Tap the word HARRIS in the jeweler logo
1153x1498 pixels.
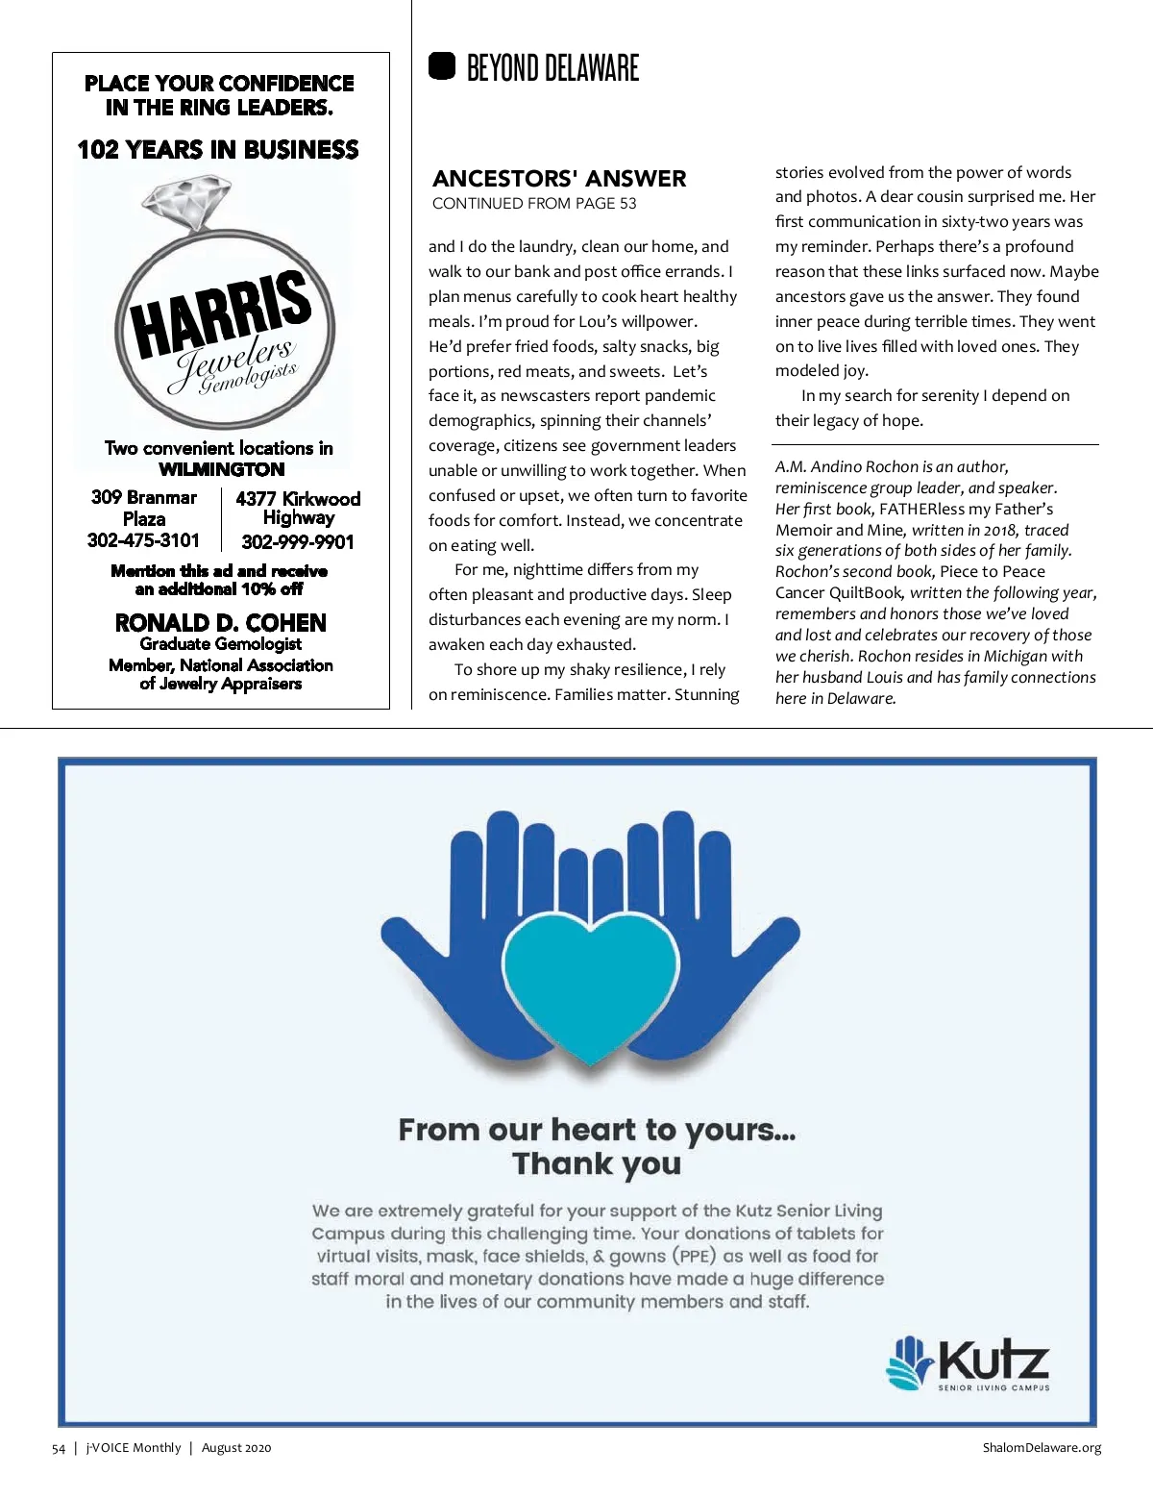click(222, 312)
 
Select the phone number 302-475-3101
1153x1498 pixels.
click(143, 540)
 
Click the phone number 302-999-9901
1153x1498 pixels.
click(298, 542)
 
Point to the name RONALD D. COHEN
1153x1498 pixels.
click(221, 623)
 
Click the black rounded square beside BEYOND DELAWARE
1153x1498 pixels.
click(442, 66)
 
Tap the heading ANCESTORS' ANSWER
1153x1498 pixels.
click(559, 179)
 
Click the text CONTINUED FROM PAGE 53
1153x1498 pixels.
click(534, 204)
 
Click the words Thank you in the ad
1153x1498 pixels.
click(597, 1163)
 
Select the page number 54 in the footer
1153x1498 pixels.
click(59, 1448)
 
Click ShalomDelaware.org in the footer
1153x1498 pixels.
click(1042, 1448)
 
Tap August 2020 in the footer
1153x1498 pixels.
click(236, 1448)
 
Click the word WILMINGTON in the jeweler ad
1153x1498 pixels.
click(221, 469)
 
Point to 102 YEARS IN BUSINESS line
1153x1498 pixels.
click(218, 150)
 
